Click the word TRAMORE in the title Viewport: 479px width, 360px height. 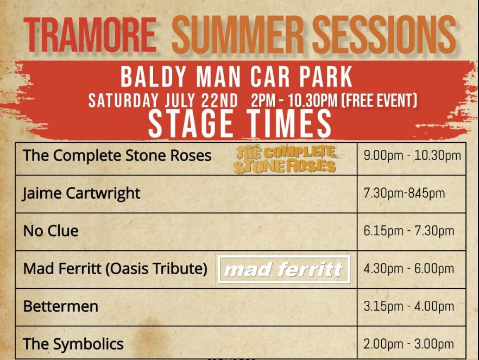tap(90, 35)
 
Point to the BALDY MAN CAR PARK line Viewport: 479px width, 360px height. tap(236, 77)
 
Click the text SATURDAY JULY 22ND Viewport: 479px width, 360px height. tap(163, 100)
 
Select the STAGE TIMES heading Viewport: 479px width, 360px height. tap(240, 124)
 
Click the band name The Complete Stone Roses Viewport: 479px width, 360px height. tap(117, 155)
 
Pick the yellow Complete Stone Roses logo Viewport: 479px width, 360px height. tap(285, 160)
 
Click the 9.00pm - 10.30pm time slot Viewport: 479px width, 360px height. tap(412, 156)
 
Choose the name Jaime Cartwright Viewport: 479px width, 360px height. tap(81, 194)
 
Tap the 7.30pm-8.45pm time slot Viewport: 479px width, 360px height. tap(404, 193)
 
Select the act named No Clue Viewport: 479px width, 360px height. tap(51, 231)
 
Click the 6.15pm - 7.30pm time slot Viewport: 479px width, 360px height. tap(409, 231)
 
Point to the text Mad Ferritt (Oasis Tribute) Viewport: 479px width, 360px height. tap(115, 269)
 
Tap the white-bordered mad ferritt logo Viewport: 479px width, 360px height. tap(284, 269)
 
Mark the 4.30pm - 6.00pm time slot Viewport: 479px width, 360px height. tap(409, 269)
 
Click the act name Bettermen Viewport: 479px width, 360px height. tap(61, 306)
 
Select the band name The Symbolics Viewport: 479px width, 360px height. tap(73, 344)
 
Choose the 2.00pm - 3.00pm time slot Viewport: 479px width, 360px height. tap(409, 344)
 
